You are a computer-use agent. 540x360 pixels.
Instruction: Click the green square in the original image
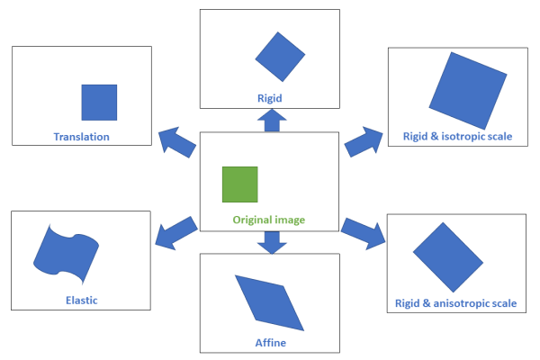(240, 184)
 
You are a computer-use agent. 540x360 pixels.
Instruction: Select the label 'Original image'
(269, 220)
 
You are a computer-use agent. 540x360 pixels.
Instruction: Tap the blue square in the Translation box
(99, 102)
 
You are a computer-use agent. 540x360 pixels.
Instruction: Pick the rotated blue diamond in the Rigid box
(282, 57)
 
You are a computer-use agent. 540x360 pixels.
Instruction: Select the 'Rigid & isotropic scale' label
(455, 137)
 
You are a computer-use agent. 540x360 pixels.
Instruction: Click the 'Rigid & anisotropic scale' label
(455, 303)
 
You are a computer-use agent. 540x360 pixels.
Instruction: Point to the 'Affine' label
(270, 343)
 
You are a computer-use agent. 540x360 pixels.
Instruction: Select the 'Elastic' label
(81, 300)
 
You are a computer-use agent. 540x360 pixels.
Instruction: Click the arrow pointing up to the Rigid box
(270, 121)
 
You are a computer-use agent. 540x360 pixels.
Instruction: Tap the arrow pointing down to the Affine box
(270, 241)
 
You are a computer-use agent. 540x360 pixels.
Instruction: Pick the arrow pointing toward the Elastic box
(175, 231)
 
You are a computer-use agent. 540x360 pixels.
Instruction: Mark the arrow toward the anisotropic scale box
(364, 231)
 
